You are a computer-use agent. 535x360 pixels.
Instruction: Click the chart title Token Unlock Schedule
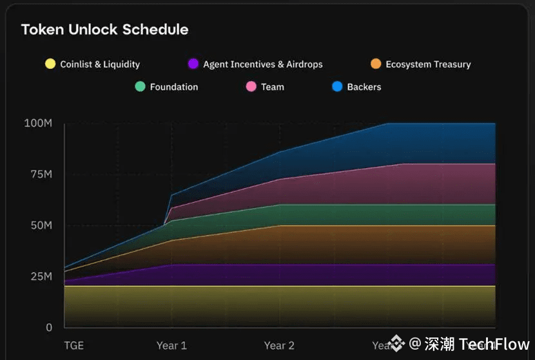(104, 30)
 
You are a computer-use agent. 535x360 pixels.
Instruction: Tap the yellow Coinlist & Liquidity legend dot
(50, 64)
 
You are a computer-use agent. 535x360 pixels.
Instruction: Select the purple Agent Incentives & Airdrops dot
(193, 64)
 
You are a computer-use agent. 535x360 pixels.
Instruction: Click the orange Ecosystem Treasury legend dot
(376, 64)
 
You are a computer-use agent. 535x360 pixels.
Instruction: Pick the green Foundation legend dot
(140, 86)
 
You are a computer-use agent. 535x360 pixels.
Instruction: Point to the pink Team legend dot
(251, 86)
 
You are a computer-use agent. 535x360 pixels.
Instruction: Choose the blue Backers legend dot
(337, 86)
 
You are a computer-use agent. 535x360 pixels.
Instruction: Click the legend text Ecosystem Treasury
(428, 64)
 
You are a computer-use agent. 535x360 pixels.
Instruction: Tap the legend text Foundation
(174, 87)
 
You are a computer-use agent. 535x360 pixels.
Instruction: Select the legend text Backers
(364, 87)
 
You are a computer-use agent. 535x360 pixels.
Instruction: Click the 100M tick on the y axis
(38, 123)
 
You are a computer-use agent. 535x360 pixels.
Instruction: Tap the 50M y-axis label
(40, 225)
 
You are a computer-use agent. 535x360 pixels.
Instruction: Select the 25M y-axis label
(40, 276)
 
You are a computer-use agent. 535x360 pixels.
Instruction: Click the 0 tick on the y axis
(49, 327)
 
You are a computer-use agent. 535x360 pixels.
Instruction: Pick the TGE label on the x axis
(74, 345)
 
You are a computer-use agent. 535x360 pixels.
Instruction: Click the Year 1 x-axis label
(171, 345)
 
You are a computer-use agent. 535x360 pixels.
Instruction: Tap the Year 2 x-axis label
(280, 345)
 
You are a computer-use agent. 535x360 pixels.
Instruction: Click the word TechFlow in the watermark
(494, 345)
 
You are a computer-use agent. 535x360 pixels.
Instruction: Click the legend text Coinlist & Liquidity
(100, 64)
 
